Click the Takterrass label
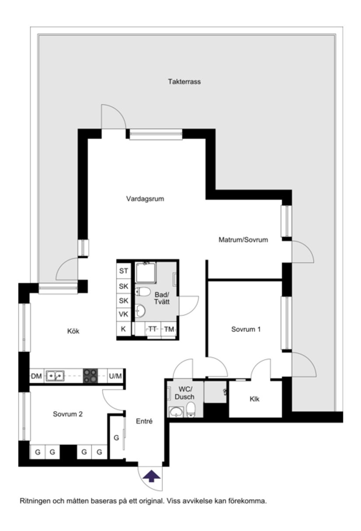[184, 82]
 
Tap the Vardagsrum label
[145, 198]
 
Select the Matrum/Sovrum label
[243, 239]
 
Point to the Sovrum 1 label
[246, 330]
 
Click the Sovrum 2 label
[68, 414]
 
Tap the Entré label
[144, 422]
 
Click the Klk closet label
[255, 399]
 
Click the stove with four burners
[91, 375]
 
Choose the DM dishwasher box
[36, 376]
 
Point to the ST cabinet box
[123, 271]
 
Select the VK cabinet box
[123, 314]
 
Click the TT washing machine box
[152, 329]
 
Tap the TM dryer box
[169, 329]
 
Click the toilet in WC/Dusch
[191, 410]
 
